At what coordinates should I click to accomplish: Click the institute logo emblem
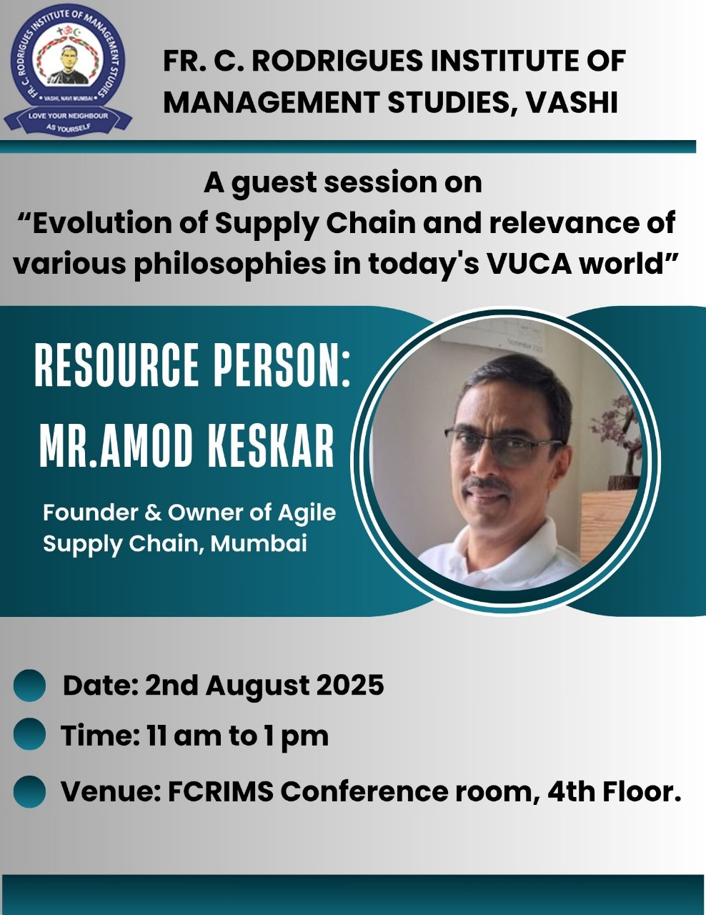tap(68, 70)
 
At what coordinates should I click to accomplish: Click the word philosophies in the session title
tap(229, 265)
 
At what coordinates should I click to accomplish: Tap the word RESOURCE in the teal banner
tap(116, 365)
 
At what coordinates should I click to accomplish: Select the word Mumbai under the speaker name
tap(259, 543)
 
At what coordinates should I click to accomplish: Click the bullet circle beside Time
tap(29, 734)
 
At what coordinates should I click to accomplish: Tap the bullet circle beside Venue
tap(29, 791)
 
